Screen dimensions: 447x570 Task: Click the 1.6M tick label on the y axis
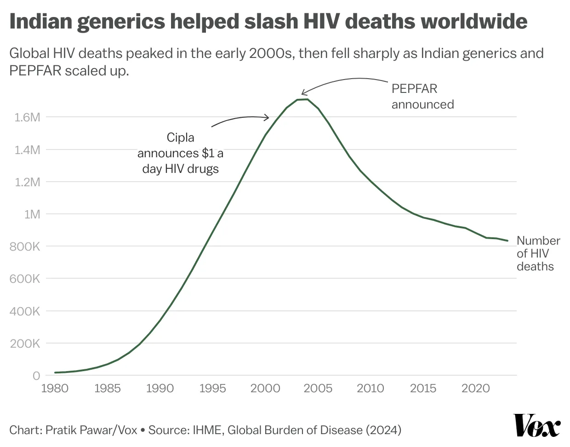coord(27,117)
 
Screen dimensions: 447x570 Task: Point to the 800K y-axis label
coord(25,246)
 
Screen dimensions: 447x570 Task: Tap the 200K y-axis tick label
coord(25,344)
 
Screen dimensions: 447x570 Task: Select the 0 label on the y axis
coord(36,376)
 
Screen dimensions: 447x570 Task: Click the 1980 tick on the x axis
coord(55,388)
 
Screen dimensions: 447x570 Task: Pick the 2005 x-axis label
coord(318,388)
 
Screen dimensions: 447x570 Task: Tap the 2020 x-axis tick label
coord(476,388)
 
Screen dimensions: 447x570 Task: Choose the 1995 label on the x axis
coord(212,388)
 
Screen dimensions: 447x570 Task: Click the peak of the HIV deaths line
coord(307,99)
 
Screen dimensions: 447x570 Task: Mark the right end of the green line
coord(507,241)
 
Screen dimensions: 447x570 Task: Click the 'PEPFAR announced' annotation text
coord(422,96)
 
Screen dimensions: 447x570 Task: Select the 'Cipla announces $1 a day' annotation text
coord(180,153)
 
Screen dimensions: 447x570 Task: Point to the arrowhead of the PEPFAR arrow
coord(302,94)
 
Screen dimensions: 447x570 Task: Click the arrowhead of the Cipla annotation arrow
coord(268,118)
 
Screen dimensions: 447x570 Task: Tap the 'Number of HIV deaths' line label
coord(538,253)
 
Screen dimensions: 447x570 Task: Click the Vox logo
coord(537,425)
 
